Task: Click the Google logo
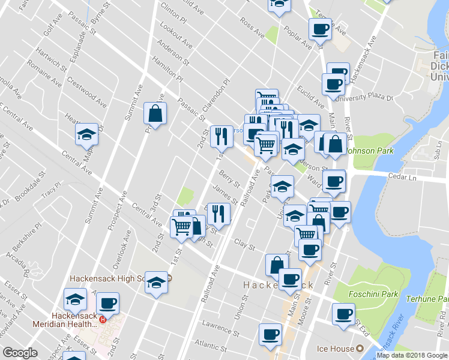pos(20,353)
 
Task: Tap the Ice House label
pos(334,348)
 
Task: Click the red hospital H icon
pos(103,320)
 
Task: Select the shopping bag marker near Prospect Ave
pos(155,114)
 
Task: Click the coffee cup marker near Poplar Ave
pos(320,29)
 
